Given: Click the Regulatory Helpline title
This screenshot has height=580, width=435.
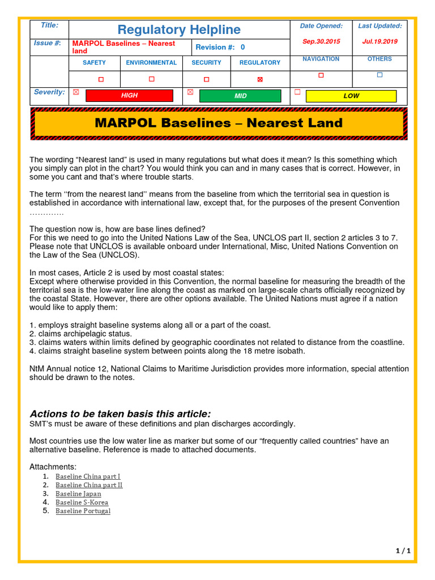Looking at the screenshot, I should pos(179,29).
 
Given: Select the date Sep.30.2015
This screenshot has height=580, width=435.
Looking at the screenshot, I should pos(321,42).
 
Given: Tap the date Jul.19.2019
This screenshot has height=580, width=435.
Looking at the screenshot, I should pos(379,42).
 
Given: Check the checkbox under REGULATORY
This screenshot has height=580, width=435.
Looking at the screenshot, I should pos(260,79).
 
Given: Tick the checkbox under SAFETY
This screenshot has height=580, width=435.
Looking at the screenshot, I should pos(101,79).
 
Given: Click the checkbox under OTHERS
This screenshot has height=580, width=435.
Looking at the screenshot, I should pos(379,75).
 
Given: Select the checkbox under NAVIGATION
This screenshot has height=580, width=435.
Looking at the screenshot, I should pos(321,75).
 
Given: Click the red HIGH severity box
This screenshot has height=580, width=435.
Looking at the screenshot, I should pos(129,96).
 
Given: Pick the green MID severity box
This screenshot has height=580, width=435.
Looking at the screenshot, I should pos(240,96).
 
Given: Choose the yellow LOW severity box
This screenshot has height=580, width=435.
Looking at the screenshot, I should pos(351,96).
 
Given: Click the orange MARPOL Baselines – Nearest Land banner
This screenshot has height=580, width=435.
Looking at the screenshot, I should pos(219,123).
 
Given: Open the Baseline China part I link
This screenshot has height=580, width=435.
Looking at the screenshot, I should pos(88,476).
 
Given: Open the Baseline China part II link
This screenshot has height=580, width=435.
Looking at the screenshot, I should pos(89,485).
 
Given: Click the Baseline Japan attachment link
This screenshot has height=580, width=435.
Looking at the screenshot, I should pos(78,493).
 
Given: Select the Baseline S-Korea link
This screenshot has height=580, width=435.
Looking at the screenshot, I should pos(82,502).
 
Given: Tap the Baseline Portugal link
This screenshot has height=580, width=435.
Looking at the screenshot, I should pos(83,511).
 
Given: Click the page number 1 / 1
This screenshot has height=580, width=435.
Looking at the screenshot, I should pos(403,551).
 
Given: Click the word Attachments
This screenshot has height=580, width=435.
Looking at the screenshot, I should pos(53,467).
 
